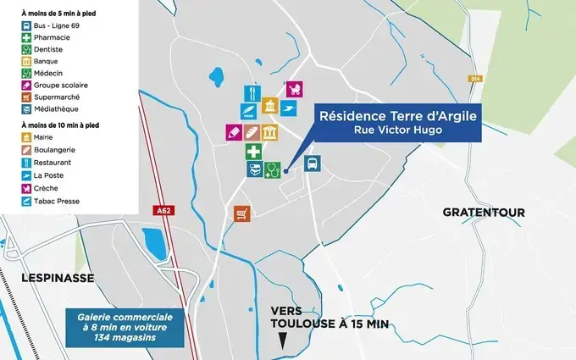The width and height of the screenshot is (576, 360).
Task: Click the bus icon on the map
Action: coord(312,164)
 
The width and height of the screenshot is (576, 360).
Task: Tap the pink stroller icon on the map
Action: coord(295,89)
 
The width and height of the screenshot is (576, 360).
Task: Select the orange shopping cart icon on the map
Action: coord(242,213)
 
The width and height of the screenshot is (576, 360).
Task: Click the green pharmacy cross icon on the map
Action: coord(253,152)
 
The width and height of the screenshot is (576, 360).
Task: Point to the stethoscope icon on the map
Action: coord(272,169)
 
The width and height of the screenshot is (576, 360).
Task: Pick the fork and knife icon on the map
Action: coord(252,92)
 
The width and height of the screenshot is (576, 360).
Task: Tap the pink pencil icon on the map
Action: coord(233,133)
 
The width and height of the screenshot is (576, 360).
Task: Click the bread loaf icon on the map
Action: coord(252,133)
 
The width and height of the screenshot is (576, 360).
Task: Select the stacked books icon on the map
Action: coord(253,169)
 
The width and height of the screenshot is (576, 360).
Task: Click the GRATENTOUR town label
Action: coord(484,212)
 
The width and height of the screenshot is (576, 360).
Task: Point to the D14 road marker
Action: coord(474,79)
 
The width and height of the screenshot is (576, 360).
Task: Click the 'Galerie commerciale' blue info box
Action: coord(125,327)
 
